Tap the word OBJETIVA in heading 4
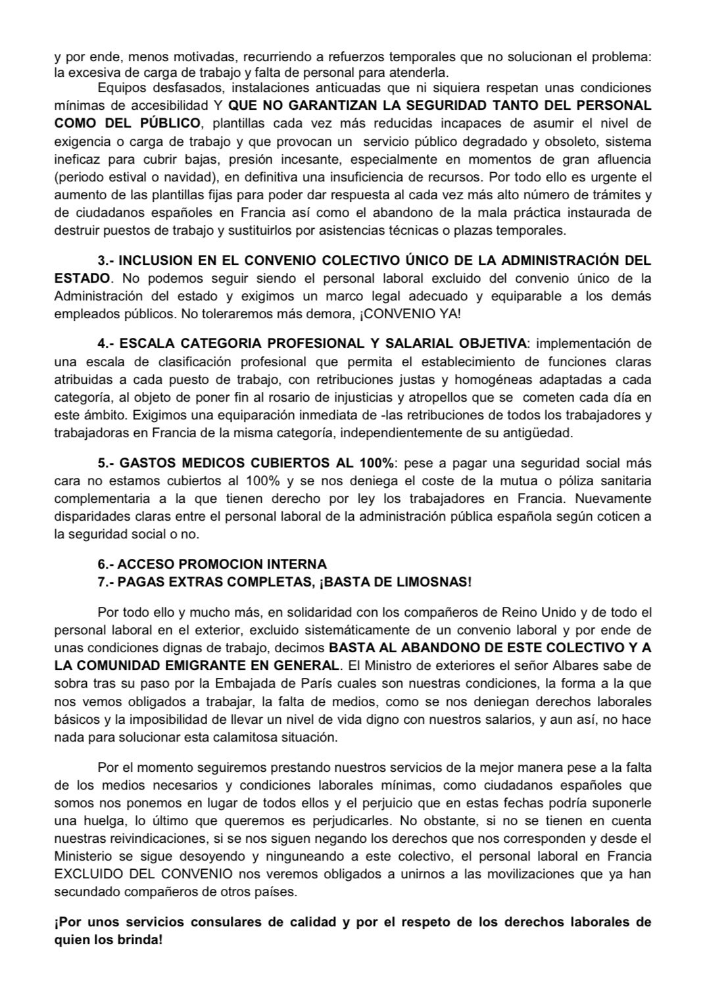click(495, 343)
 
